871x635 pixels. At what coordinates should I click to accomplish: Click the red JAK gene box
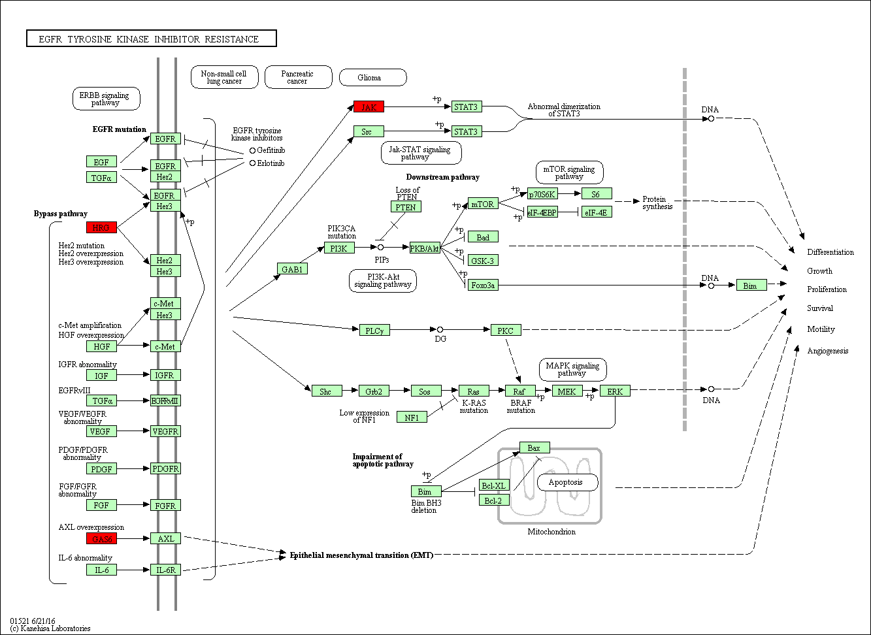coord(369,106)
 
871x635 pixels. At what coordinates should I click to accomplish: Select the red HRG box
coord(101,227)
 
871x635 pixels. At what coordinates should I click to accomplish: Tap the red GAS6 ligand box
coord(101,538)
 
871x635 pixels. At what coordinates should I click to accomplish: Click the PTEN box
coord(406,206)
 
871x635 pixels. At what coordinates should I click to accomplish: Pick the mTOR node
coord(483,204)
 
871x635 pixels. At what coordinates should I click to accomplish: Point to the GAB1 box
coord(291,269)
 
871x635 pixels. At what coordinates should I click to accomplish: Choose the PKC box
coord(506,331)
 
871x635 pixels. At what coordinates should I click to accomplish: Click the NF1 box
coord(412,417)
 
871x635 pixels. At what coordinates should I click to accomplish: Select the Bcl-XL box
coord(493,485)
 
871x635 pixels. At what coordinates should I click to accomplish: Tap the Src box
coord(369,131)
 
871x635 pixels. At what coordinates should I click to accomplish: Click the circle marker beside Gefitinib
coord(252,150)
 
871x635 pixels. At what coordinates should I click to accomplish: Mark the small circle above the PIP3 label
coord(380,248)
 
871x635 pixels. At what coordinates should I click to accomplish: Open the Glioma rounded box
coord(372,78)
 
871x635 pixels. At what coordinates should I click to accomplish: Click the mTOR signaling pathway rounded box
coord(569,172)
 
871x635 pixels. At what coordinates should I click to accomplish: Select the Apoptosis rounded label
coord(567,483)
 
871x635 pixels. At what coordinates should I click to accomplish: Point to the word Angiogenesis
coord(827,351)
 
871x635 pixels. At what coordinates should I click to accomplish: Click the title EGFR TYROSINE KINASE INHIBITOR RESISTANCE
coord(151,39)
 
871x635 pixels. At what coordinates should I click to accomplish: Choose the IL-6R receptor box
coord(165,570)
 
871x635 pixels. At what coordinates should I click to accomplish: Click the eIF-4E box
coord(597,212)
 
